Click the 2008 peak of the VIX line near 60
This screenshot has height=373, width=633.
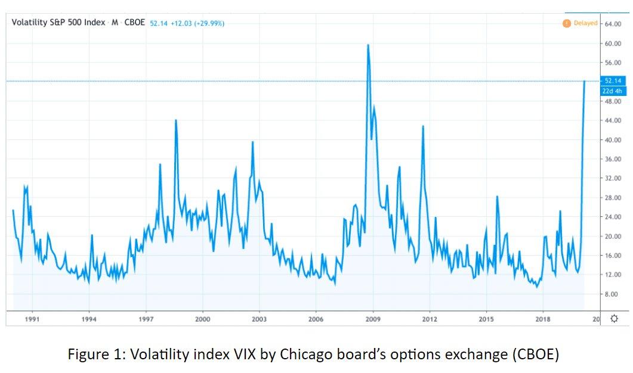pyautogui.click(x=368, y=45)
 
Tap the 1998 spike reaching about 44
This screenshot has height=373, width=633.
pyautogui.click(x=175, y=120)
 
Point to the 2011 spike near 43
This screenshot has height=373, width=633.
pyautogui.click(x=423, y=126)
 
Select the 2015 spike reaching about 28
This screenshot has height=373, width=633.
pyautogui.click(x=496, y=197)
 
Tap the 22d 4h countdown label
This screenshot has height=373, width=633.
pyautogui.click(x=613, y=91)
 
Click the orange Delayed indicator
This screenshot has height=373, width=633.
pyautogui.click(x=580, y=23)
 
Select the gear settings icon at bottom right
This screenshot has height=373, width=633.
pyautogui.click(x=614, y=318)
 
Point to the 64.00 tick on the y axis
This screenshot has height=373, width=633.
pyautogui.click(x=613, y=24)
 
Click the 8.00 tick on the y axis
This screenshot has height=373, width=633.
pyautogui.click(x=612, y=294)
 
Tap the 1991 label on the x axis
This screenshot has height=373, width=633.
pyautogui.click(x=32, y=319)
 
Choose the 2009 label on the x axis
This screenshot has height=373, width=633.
pyautogui.click(x=373, y=319)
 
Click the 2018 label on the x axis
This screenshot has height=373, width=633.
pyautogui.click(x=543, y=319)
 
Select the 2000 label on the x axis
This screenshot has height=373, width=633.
pyautogui.click(x=203, y=319)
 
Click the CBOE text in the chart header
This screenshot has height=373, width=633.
pyautogui.click(x=134, y=23)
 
